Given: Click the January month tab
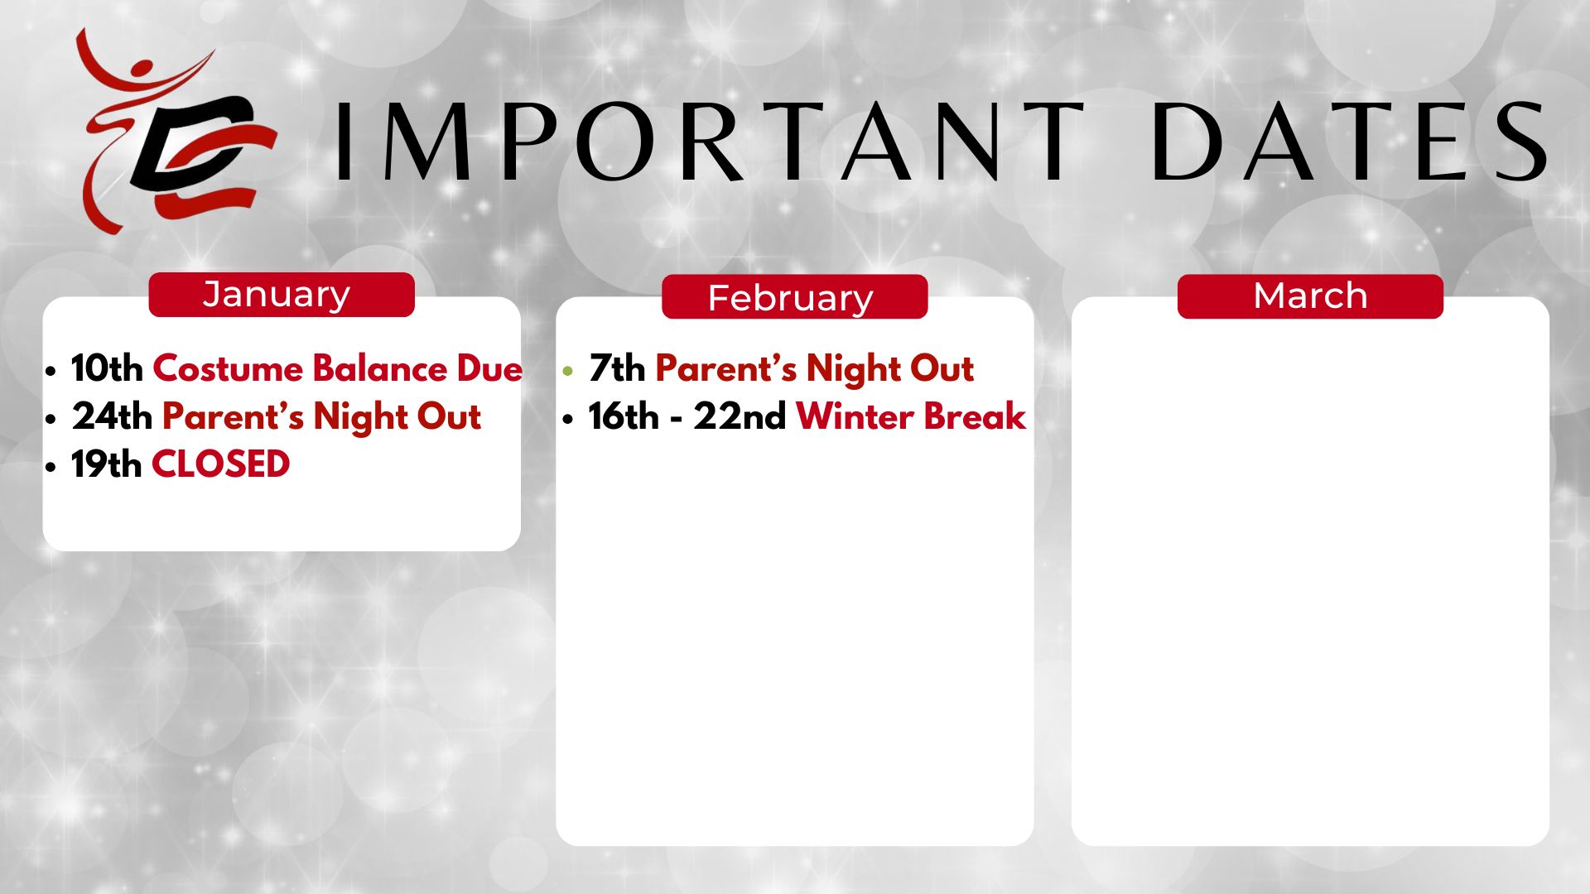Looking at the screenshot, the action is click(x=282, y=295).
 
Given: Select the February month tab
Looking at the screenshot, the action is click(x=795, y=296).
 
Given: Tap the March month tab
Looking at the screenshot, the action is click(x=1310, y=296).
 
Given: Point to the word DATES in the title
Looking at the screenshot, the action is click(x=1349, y=142).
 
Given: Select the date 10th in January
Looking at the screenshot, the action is click(x=107, y=368).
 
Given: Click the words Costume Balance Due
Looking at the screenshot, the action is click(x=338, y=368).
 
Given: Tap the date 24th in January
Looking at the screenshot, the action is click(x=112, y=416).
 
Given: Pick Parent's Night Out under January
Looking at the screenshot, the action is click(x=321, y=417).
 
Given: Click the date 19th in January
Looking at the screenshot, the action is click(x=106, y=464).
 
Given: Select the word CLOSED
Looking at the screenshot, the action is click(x=221, y=464).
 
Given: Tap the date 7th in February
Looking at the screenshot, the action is click(x=617, y=368).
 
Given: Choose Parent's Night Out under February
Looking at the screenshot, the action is click(x=814, y=369).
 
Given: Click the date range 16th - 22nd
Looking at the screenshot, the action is click(x=687, y=416).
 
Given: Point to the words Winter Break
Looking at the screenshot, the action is click(x=911, y=416).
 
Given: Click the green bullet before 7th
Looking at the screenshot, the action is click(x=567, y=372).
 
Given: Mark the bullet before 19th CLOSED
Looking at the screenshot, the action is click(x=51, y=468).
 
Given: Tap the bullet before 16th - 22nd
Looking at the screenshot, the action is click(x=567, y=420).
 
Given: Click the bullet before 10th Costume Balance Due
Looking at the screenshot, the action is click(x=51, y=372).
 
